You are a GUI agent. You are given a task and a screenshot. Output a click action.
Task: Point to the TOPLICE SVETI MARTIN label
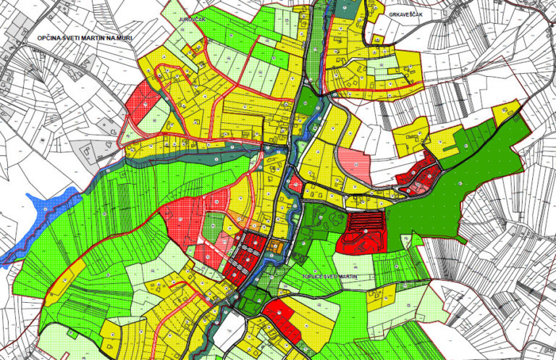(x=329, y=277)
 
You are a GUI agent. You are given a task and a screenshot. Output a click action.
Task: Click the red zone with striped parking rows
(x=366, y=231)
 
